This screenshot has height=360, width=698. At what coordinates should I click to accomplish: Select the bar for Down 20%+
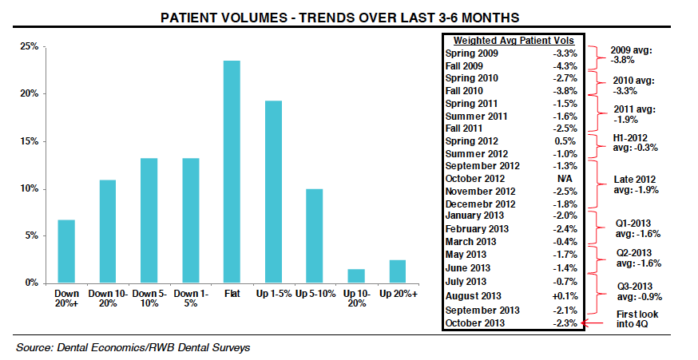coord(67,251)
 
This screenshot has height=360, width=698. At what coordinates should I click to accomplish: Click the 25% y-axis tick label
coord(29,47)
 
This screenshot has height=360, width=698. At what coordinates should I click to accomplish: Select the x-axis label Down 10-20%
coord(108,300)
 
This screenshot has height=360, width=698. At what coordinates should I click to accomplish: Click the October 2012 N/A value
coord(561,178)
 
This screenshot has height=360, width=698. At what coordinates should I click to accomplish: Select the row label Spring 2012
coord(472,140)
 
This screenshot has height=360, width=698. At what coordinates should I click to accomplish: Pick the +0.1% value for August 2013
coord(561,296)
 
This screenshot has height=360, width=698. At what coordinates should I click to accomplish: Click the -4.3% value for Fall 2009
coord(561,65)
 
